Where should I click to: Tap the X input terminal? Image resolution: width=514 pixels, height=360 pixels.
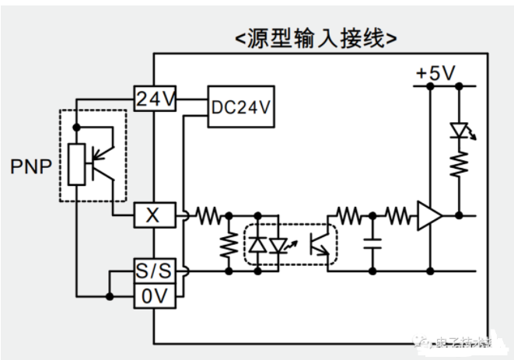pyautogui.click(x=153, y=215)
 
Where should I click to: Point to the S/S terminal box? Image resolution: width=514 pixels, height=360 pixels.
pyautogui.click(x=153, y=271)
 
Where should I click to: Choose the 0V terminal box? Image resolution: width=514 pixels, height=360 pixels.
pyautogui.click(x=153, y=295)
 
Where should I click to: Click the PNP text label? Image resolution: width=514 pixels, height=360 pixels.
pyautogui.click(x=30, y=166)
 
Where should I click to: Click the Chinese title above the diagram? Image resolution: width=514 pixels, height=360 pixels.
pyautogui.click(x=316, y=37)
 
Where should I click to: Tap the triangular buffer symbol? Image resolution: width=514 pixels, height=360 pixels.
pyautogui.click(x=428, y=215)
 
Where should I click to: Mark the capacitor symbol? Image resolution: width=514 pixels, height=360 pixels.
pyautogui.click(x=372, y=243)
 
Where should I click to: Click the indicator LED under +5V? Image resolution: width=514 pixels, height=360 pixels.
pyautogui.click(x=460, y=131)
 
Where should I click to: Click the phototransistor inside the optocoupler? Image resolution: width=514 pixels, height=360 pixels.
pyautogui.click(x=317, y=244)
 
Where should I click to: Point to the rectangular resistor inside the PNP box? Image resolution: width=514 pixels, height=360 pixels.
pyautogui.click(x=75, y=164)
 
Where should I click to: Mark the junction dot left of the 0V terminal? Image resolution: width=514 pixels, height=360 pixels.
pyautogui.click(x=109, y=296)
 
